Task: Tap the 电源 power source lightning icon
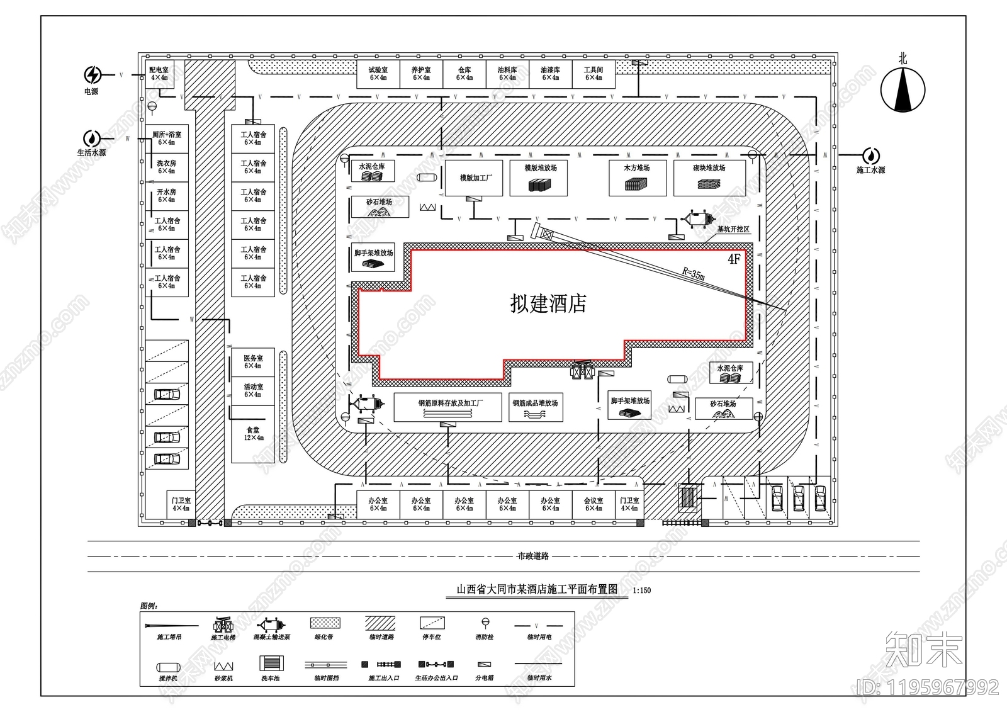point(93,75)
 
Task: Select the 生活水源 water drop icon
point(92,138)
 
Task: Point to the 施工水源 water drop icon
point(871,155)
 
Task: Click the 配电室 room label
point(159,73)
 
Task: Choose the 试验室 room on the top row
point(378,74)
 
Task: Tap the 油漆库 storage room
point(550,74)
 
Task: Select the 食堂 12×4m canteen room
point(253,434)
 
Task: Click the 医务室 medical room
point(253,361)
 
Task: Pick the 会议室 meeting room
point(593,504)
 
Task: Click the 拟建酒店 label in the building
point(548,304)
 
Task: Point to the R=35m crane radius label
point(694,274)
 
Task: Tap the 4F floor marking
point(734,259)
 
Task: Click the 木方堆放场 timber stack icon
point(636,184)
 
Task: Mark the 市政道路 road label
point(533,556)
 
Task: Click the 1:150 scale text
point(642,591)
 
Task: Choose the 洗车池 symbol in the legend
point(271,664)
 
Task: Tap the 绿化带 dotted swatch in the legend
point(325,623)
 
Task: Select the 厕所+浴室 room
point(167,138)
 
